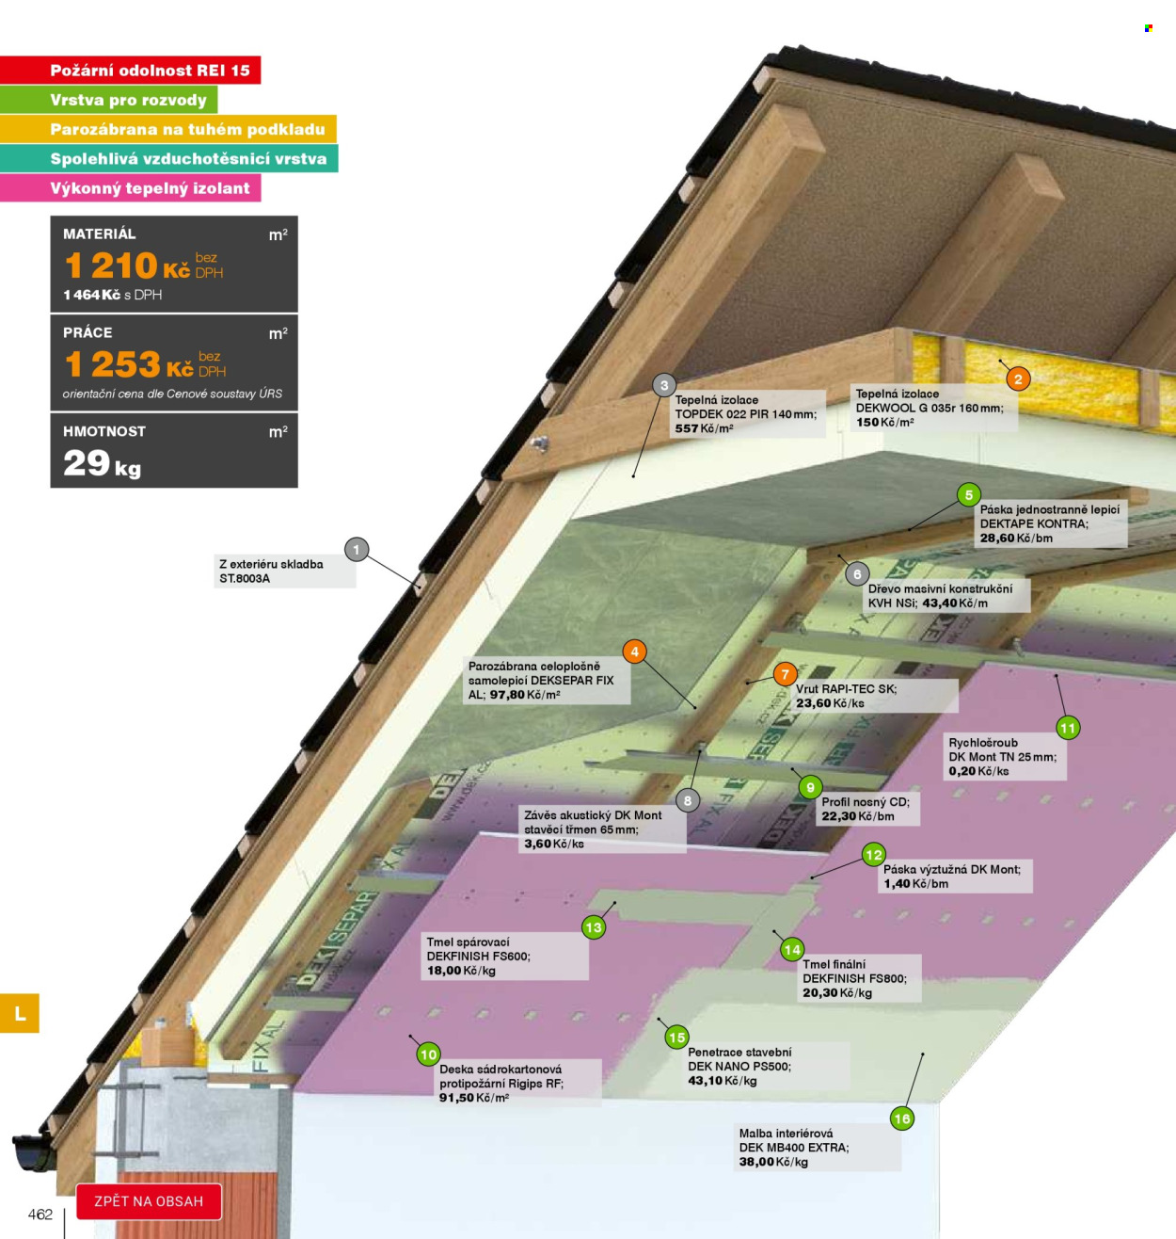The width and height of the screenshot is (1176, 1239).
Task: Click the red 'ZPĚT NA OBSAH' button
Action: point(149,1201)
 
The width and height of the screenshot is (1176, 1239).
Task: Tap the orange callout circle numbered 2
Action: point(1018,378)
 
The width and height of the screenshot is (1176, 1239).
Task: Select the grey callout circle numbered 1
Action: point(357,550)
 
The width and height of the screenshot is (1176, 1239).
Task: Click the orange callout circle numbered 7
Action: point(785,674)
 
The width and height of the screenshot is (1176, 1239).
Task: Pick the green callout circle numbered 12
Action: point(874,855)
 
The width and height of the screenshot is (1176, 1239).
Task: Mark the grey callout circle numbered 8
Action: point(687,800)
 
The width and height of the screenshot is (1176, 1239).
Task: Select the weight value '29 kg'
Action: point(102,464)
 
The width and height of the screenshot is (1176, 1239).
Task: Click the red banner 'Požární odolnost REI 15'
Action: point(131,70)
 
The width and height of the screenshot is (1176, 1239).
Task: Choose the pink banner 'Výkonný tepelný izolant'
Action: point(131,187)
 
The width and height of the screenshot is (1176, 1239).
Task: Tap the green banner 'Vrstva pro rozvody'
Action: point(108,100)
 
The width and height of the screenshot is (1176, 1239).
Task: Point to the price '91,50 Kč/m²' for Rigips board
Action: point(474,1097)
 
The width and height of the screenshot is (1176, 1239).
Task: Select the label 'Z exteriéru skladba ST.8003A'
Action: point(272,571)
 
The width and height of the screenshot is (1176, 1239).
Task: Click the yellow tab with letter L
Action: point(20,1013)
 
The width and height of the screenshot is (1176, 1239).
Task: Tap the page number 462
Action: point(40,1214)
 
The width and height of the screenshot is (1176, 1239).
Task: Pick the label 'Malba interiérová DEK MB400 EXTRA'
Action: point(794,1140)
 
